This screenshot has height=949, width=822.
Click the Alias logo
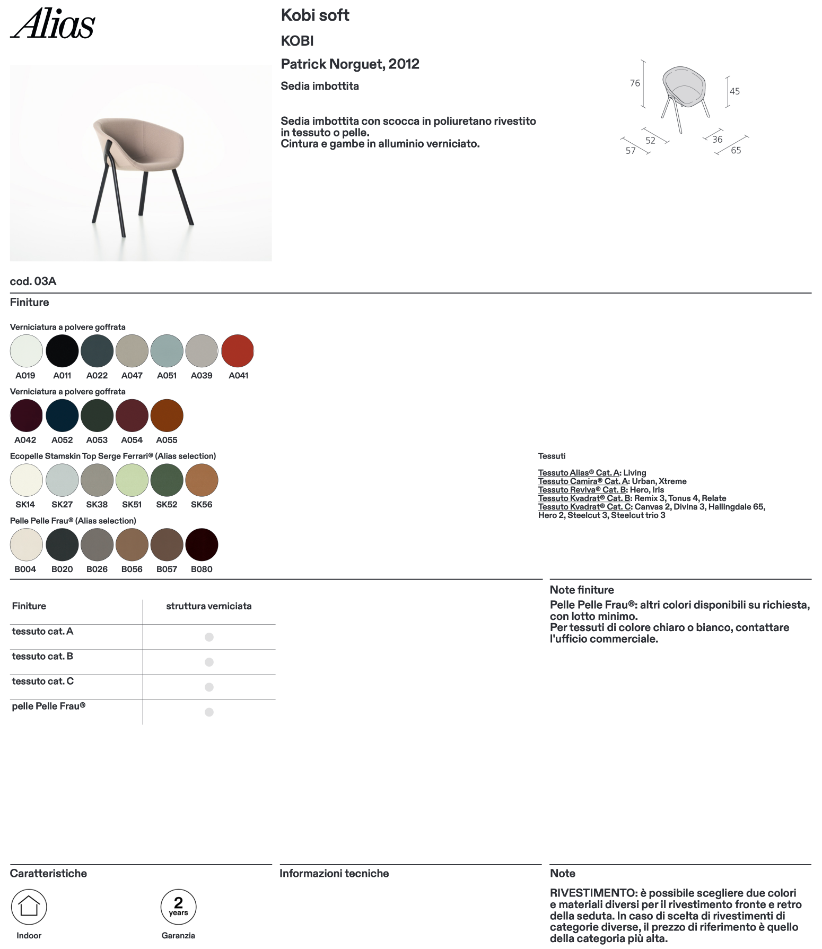point(53,24)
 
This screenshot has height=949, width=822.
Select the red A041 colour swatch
point(238,351)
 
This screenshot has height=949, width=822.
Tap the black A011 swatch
point(62,351)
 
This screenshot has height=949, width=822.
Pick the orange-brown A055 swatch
point(167,416)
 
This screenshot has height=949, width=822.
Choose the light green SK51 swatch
point(132,480)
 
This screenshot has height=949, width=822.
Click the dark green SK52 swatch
point(167,480)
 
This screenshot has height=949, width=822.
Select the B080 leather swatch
point(202,545)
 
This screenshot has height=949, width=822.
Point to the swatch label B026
point(97,569)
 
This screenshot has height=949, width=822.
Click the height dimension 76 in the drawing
point(635,83)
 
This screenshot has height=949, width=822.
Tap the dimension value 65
point(736,150)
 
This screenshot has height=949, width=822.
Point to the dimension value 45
point(734,91)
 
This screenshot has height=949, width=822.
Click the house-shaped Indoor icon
point(29,907)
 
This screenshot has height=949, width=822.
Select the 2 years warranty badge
point(178,907)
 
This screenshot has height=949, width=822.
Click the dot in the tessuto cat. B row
point(209,662)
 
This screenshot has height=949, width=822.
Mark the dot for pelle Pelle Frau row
point(209,712)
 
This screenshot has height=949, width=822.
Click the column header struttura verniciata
point(209,606)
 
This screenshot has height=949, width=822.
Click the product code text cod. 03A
point(33,281)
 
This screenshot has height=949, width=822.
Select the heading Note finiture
point(582,590)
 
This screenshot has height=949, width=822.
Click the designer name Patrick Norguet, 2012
point(350,64)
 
